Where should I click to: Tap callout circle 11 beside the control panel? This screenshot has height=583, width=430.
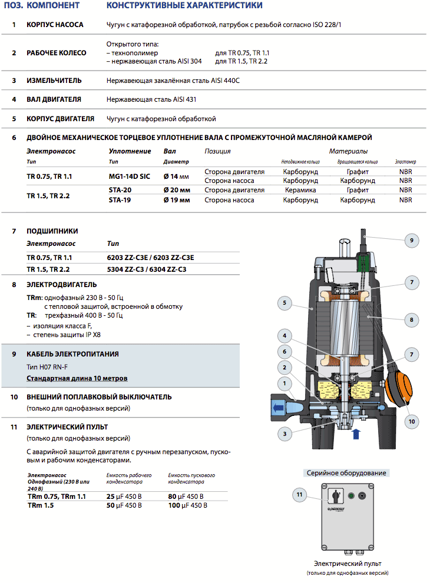pos(299,495)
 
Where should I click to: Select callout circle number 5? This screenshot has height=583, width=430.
pos(285,304)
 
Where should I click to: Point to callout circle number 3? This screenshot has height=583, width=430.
pos(285,434)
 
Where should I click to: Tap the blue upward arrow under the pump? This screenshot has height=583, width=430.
pos(355,435)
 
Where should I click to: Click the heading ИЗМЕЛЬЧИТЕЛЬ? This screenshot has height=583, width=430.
pos(54,80)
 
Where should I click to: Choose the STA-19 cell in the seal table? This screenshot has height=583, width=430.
pos(120,200)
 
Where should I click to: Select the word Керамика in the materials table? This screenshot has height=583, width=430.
pos(300,190)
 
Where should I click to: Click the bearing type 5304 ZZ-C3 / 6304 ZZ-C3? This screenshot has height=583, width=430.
pos(147,269)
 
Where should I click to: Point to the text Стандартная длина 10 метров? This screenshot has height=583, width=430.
pos(77,378)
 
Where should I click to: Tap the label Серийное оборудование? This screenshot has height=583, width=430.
pos(347,473)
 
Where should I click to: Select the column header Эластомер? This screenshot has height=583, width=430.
pos(405,162)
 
